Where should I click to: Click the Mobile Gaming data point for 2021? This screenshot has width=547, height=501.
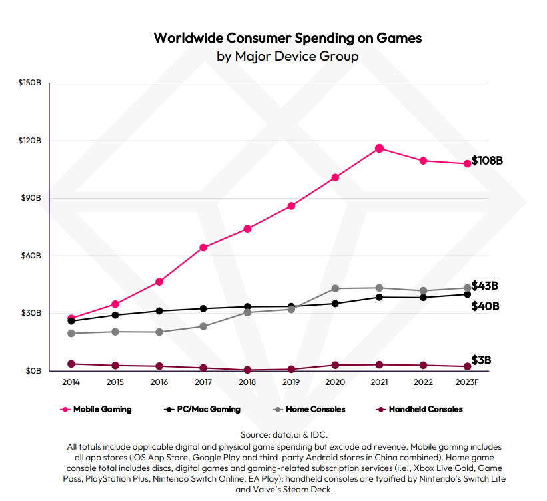click(x=379, y=148)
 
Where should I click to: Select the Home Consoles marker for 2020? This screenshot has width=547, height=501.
click(x=335, y=288)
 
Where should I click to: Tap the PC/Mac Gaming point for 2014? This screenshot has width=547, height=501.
click(x=71, y=321)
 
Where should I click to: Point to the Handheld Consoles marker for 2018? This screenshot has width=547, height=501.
click(x=247, y=370)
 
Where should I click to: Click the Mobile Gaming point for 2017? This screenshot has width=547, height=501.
click(x=203, y=247)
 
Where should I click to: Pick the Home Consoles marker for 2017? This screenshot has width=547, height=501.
click(x=203, y=326)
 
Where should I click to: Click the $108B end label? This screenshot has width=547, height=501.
click(x=486, y=161)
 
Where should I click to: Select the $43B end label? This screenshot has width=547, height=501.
click(x=485, y=286)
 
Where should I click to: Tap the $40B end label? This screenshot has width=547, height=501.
click(x=485, y=306)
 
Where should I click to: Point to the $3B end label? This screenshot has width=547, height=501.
click(x=482, y=360)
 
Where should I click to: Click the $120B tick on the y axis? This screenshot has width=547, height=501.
click(x=30, y=141)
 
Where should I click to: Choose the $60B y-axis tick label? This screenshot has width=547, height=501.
click(x=30, y=256)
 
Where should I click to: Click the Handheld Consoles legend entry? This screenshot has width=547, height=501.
click(x=419, y=409)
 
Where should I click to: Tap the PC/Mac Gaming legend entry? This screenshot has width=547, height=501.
click(x=203, y=409)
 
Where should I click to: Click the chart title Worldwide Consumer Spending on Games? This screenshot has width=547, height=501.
click(x=288, y=37)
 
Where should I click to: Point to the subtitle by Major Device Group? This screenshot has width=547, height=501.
click(x=288, y=56)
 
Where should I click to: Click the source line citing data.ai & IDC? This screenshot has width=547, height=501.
click(x=284, y=434)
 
